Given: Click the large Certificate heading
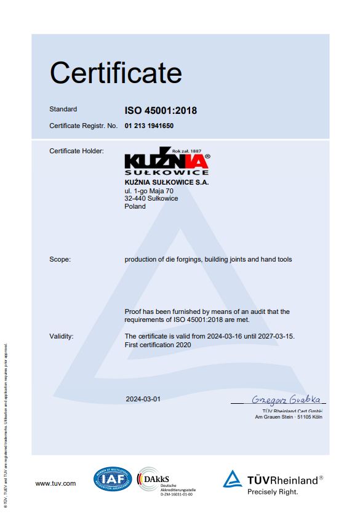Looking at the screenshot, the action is (116, 73).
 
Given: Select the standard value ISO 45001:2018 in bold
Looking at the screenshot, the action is (161, 111).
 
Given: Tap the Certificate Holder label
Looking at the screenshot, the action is (76, 151).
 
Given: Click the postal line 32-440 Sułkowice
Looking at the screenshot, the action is (151, 199).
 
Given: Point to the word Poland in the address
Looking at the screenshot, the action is (135, 207).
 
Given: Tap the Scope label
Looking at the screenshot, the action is (60, 260).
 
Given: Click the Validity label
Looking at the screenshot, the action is (62, 336).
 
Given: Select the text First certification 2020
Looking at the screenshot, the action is (158, 345).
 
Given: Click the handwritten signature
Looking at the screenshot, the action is (287, 399).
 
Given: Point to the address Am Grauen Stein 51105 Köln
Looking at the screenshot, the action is (288, 417).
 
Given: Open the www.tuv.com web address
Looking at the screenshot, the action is (55, 484).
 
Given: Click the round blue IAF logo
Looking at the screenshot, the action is (112, 479).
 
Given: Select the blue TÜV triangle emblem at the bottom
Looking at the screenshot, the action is (233, 479).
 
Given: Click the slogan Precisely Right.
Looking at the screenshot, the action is (273, 492).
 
